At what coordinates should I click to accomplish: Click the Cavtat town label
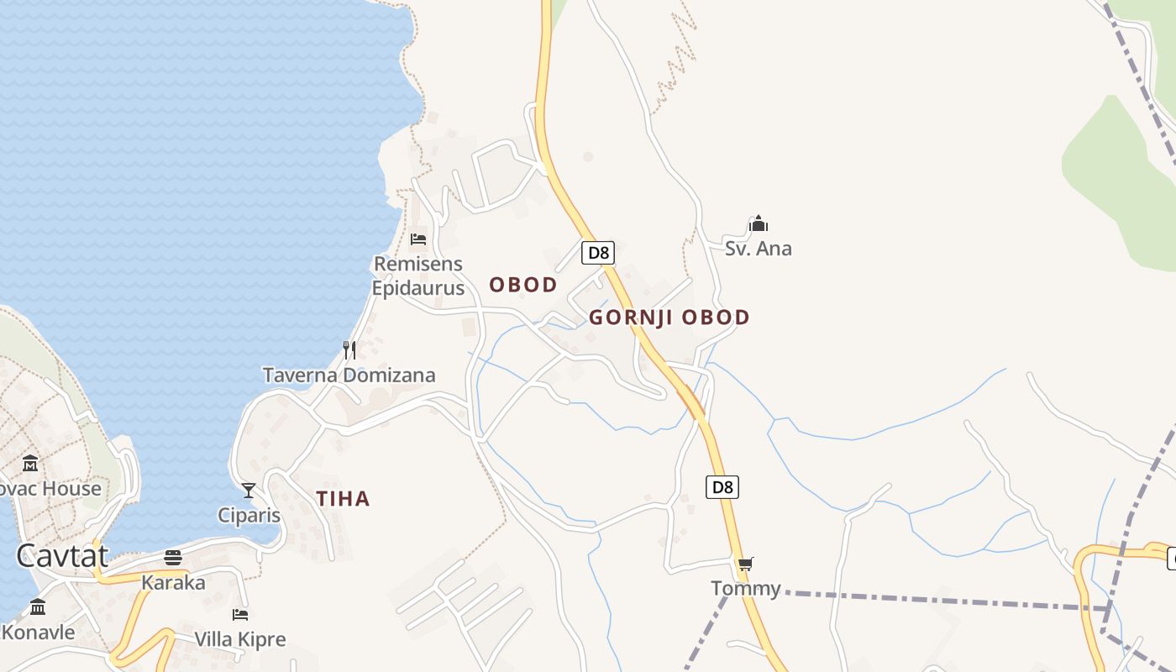tap(62, 555)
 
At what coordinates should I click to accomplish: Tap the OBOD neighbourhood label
tap(523, 285)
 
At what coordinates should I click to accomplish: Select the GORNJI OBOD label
tap(669, 318)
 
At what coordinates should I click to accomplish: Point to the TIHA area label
tap(343, 499)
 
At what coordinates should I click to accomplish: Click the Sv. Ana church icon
tap(759, 223)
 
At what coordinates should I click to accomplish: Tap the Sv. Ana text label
tap(759, 249)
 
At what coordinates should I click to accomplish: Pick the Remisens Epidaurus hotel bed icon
tap(418, 239)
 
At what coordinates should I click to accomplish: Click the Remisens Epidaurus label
tap(418, 276)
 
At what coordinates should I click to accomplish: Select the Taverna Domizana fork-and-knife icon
tap(349, 349)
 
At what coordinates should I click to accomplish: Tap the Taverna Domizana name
tap(349, 375)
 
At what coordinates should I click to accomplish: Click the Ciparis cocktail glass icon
tap(249, 490)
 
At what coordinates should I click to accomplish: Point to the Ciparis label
tap(249, 514)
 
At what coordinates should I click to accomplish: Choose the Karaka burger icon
tap(173, 557)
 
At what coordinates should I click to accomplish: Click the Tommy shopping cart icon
tap(745, 564)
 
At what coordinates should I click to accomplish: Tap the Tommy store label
tap(746, 588)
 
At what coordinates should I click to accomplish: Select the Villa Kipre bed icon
tap(240, 614)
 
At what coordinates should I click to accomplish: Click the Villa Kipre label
tap(240, 639)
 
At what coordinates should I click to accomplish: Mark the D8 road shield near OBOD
tap(597, 252)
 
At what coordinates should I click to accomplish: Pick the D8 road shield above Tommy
tap(722, 487)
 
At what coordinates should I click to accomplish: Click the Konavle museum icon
tap(38, 606)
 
